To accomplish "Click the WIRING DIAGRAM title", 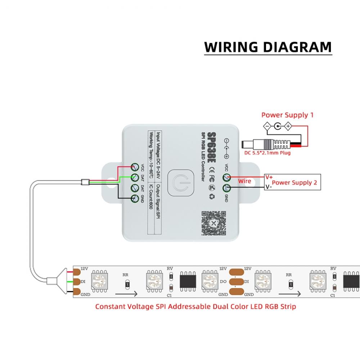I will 268,47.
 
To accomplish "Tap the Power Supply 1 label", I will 287,115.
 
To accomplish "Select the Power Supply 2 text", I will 294,183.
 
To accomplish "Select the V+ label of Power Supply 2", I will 269,177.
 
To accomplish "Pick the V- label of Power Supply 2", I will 268,187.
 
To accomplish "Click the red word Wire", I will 244,181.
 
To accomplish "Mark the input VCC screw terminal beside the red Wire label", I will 226,177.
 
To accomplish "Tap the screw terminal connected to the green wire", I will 135,177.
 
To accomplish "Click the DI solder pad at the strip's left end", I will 77,281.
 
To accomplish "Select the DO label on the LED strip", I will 223,282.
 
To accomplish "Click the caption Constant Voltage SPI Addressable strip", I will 195,307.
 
